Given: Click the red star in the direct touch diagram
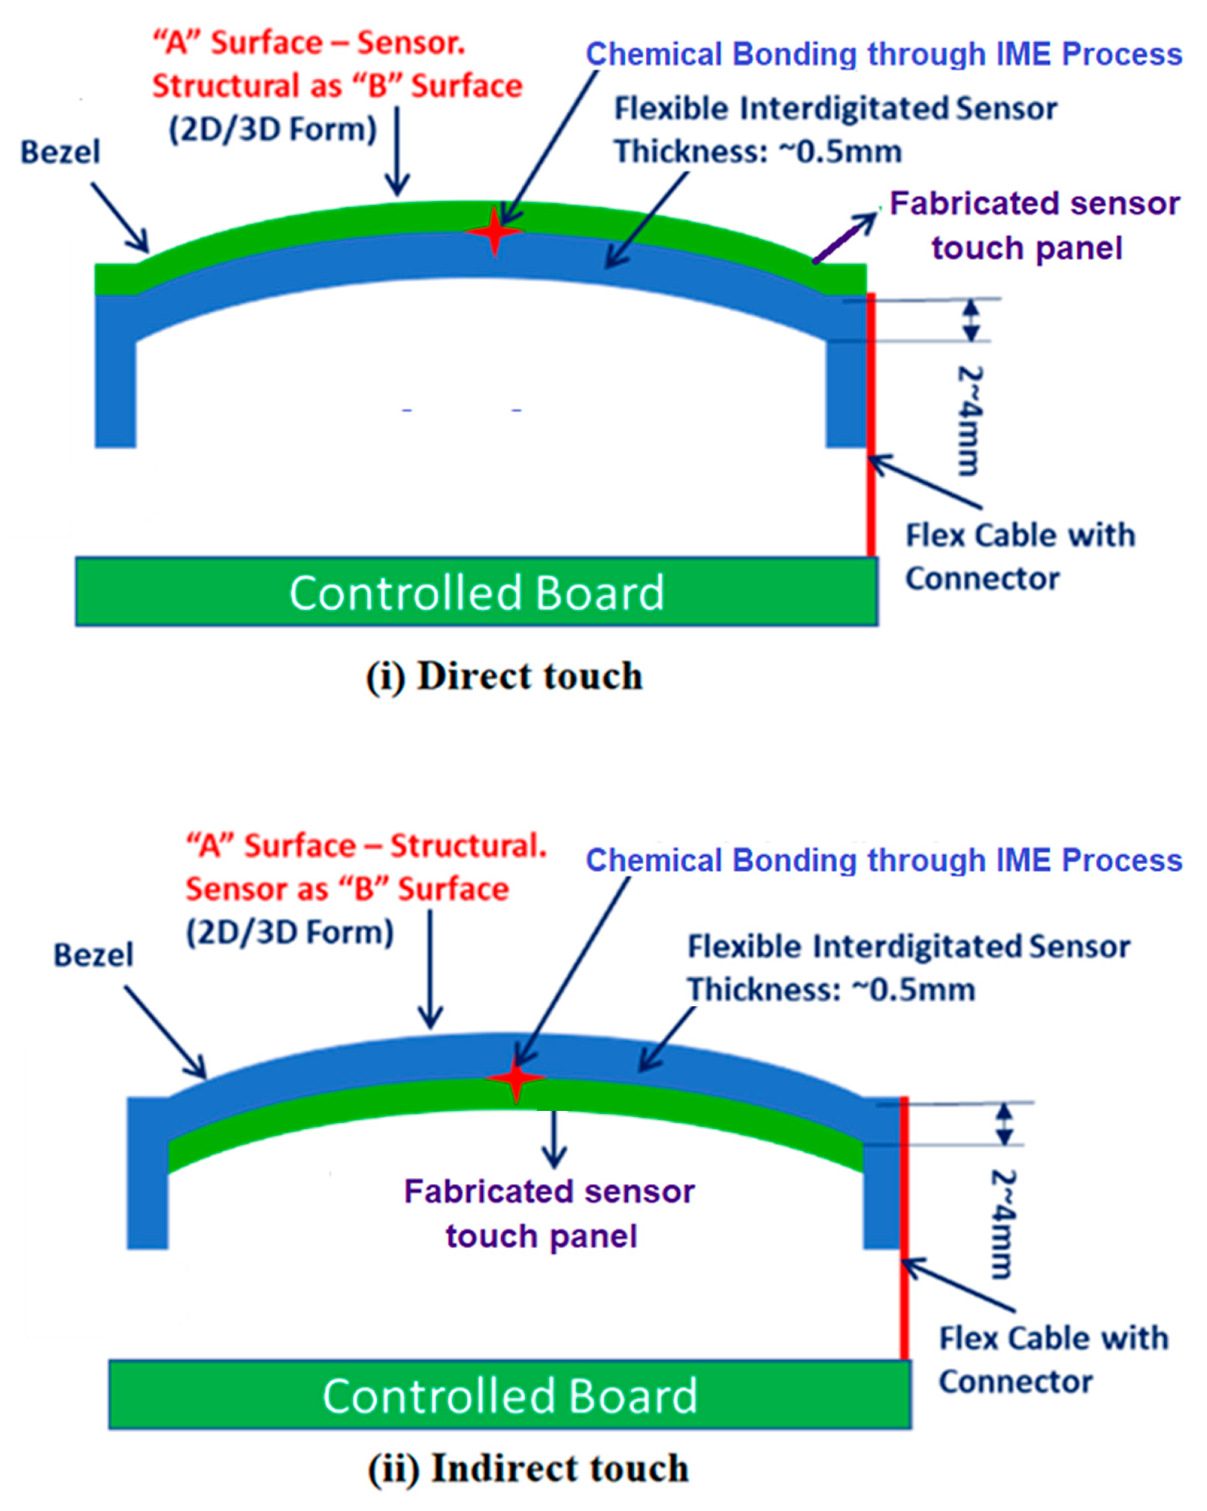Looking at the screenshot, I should coord(495,231).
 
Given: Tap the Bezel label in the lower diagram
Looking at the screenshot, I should coord(93,954).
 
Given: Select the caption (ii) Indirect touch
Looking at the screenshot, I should coord(528,1468).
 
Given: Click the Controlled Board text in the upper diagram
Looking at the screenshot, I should coord(477,593).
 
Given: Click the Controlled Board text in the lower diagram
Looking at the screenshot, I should coord(510,1396).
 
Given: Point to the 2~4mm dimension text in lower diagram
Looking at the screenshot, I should coord(1002,1223).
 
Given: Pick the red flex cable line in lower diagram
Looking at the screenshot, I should coord(904,1297).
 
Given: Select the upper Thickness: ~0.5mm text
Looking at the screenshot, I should coord(757,151).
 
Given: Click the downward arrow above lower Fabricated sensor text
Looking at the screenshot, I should coord(555,1139).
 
